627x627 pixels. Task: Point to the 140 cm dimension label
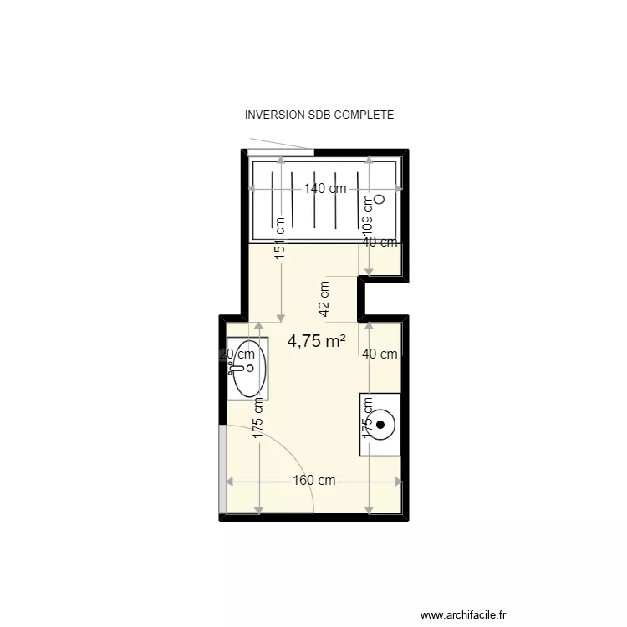tap(324, 189)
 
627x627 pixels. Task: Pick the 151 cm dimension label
tap(281, 237)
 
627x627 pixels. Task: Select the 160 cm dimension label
tap(313, 481)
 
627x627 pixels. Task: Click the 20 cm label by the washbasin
tap(236, 354)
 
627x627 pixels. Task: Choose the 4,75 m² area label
tap(317, 341)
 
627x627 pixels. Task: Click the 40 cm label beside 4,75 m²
tap(380, 354)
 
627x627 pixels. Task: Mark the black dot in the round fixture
tap(380, 425)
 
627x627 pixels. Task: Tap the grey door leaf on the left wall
tap(222, 469)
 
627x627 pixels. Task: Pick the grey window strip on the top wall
tap(281, 152)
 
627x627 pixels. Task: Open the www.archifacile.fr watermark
tap(463, 614)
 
